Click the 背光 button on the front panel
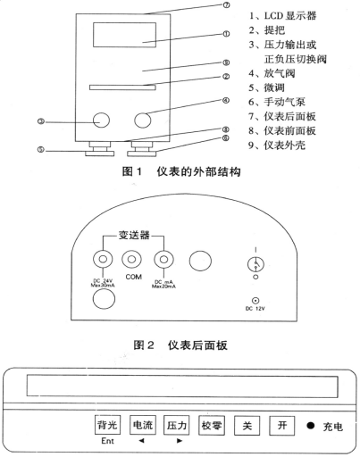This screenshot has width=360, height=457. pos(107,424)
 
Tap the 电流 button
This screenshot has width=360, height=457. pos(142,424)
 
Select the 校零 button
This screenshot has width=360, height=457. pos(212,424)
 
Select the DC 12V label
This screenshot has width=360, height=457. pos(257,308)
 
